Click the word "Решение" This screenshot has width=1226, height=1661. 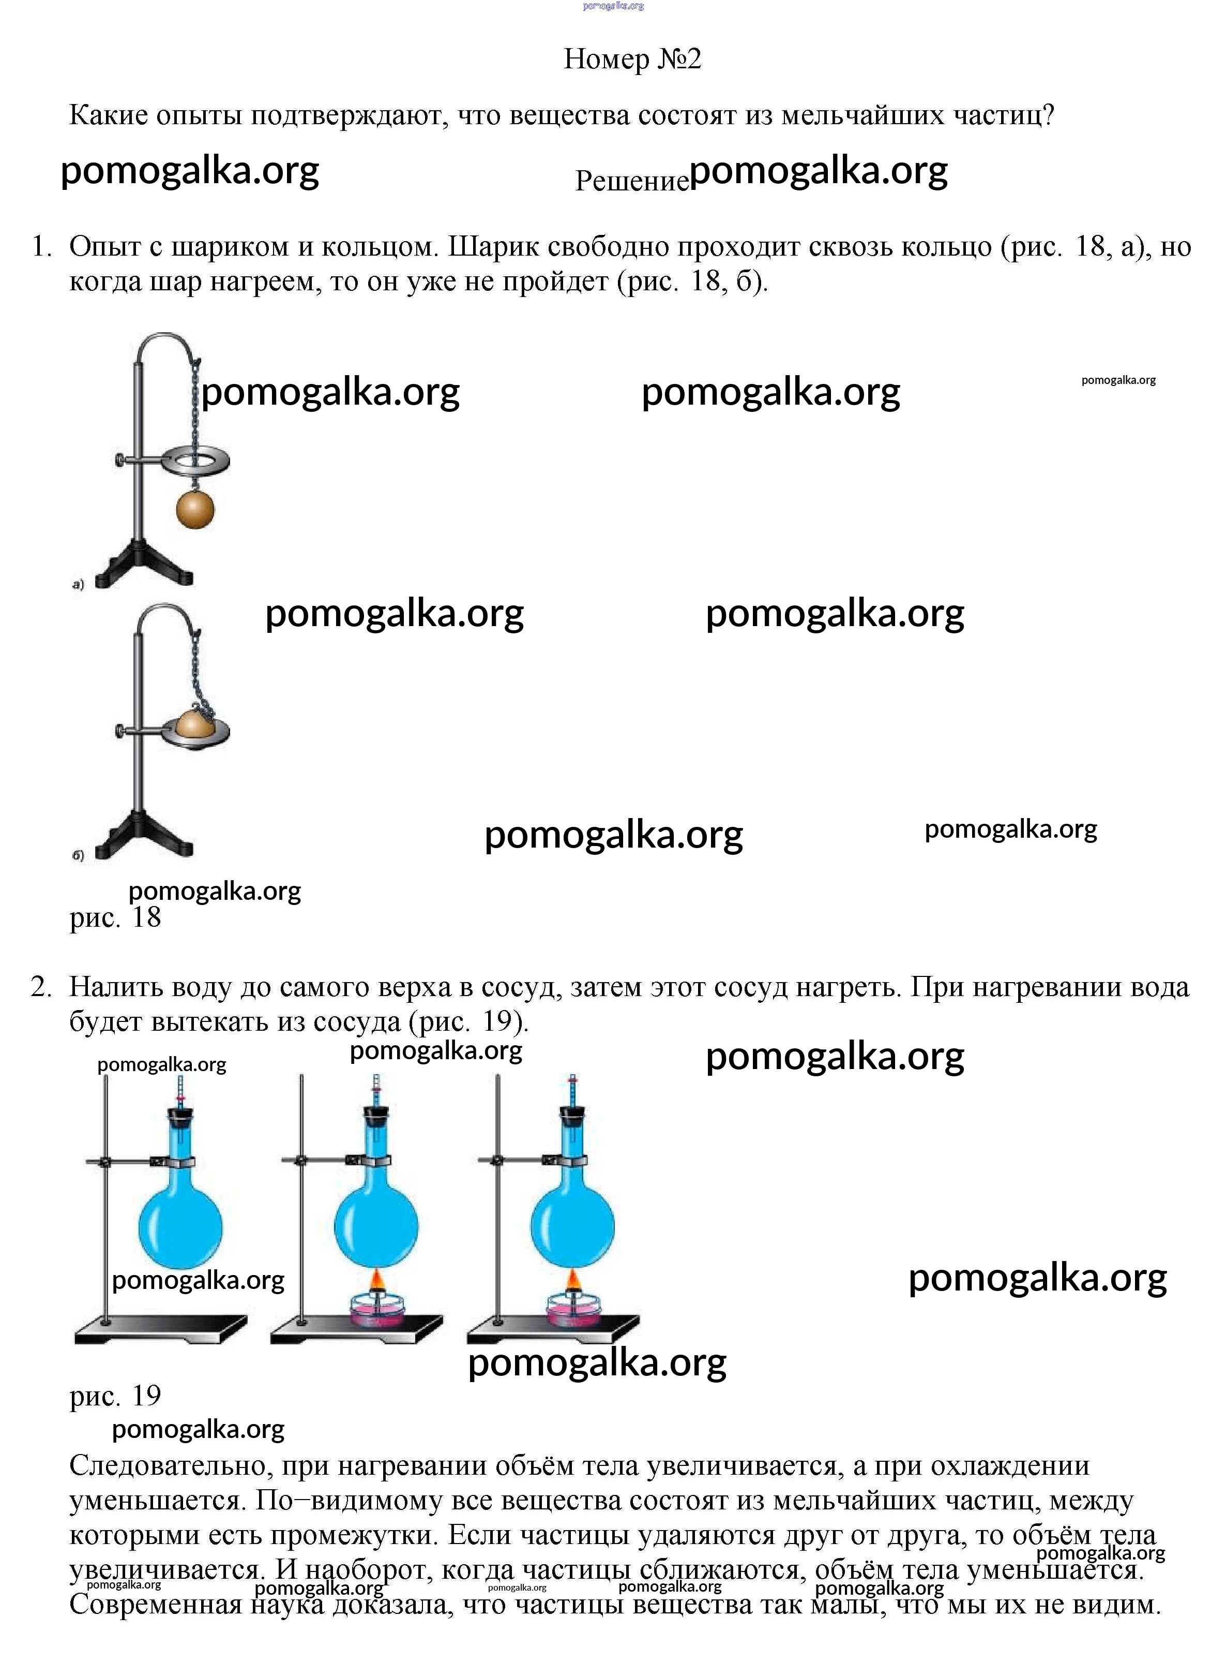(631, 181)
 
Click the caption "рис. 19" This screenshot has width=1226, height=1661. (115, 1395)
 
